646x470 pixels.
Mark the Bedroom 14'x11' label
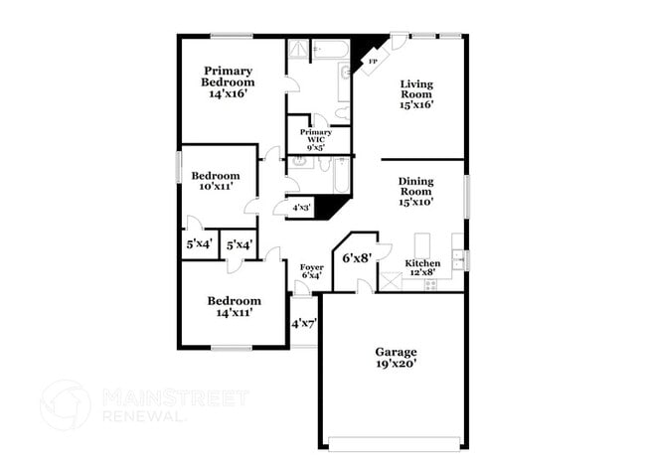(234, 306)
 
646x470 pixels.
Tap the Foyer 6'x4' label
(311, 271)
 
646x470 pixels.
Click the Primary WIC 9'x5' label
(316, 140)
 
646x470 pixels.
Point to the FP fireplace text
(373, 63)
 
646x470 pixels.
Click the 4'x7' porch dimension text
(302, 323)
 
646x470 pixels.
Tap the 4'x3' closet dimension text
(299, 208)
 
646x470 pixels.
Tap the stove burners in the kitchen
(430, 283)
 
